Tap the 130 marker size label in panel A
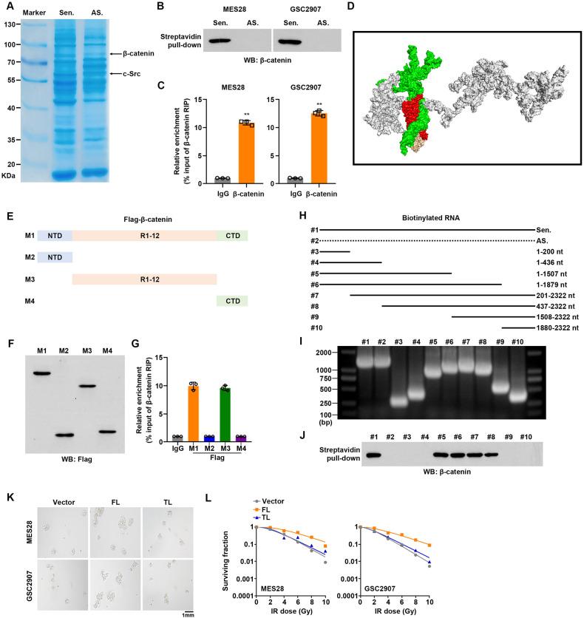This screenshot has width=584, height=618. click(x=10, y=24)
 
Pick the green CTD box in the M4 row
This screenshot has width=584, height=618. click(x=232, y=301)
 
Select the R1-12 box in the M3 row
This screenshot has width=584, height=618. click(x=144, y=280)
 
